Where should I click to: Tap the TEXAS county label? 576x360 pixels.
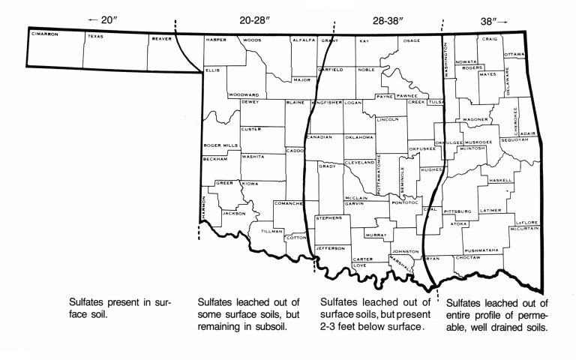[x=96, y=35]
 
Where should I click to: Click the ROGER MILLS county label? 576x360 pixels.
[x=220, y=146]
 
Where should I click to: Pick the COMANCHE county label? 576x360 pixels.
[x=288, y=203]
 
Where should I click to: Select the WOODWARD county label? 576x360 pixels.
[x=244, y=95]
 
